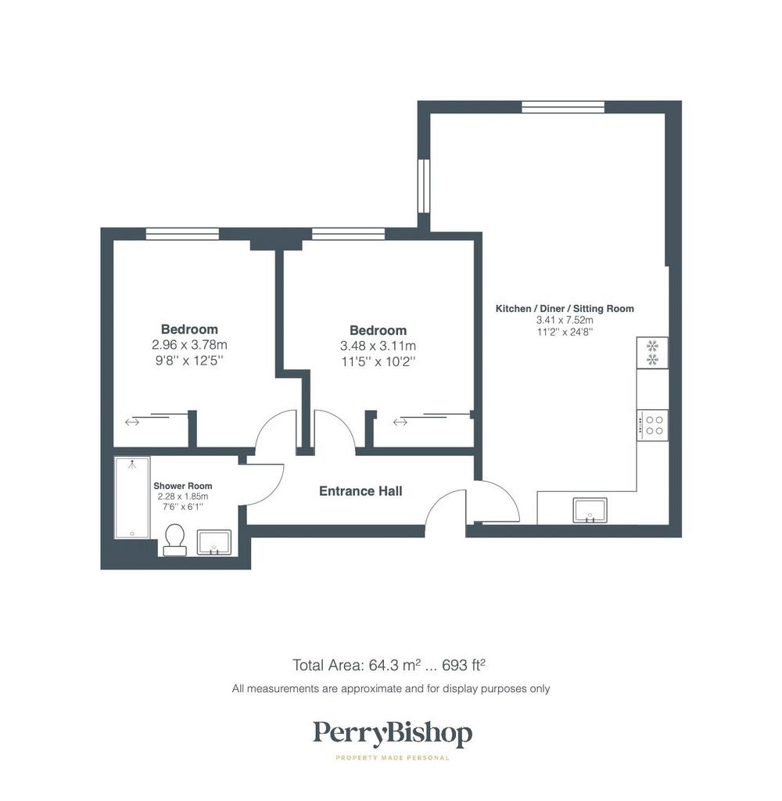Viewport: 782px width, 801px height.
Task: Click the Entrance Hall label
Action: pos(361,491)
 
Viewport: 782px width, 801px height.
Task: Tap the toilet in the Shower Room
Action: pos(174,540)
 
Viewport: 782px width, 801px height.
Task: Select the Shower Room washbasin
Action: pos(214,543)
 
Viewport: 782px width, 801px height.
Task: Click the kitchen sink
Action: pos(590,510)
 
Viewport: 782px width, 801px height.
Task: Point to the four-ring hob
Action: pos(652,425)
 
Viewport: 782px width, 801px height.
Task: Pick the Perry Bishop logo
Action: pos(393,734)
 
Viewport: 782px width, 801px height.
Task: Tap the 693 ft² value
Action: pos(463,665)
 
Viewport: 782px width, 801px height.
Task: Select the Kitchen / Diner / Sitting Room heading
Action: pos(565,308)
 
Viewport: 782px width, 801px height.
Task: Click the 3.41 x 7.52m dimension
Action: pos(565,320)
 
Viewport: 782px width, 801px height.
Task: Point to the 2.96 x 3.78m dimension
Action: pos(189,345)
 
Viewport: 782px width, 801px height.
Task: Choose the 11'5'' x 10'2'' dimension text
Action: pos(378,361)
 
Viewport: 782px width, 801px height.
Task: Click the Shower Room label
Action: pos(183,486)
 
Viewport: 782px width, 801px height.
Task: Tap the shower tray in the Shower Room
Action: pos(132,498)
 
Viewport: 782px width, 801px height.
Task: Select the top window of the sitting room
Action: pos(563,106)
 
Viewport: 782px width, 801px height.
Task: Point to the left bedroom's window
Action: pos(182,234)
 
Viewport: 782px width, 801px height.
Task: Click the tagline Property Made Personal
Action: pos(393,757)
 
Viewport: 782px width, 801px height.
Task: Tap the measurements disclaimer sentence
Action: pos(391,688)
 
